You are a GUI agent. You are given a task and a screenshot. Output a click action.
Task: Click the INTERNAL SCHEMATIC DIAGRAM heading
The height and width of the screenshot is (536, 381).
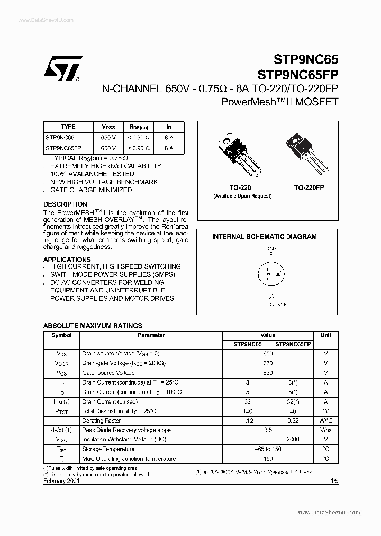pyautogui.click(x=264, y=237)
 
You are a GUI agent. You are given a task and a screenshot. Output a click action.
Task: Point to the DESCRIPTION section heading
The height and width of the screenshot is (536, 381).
pyautogui.click(x=65, y=204)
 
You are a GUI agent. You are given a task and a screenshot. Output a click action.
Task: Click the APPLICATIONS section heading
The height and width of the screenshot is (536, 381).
pyautogui.click(x=67, y=260)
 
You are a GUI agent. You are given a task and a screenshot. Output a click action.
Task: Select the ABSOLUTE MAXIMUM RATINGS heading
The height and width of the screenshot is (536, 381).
pyautogui.click(x=92, y=326)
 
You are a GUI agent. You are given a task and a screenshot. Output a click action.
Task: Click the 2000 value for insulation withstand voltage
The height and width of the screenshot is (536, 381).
pyautogui.click(x=292, y=440)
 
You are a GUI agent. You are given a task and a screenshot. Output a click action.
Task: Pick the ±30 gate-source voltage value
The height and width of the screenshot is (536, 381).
pyautogui.click(x=268, y=373)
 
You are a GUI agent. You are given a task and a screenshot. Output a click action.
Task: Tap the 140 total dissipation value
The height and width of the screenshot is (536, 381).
pyautogui.click(x=247, y=411)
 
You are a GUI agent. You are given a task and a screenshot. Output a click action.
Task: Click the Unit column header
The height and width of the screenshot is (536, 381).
pyautogui.click(x=325, y=335)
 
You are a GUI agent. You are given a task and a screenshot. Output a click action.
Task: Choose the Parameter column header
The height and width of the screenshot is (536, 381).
pyautogui.click(x=151, y=335)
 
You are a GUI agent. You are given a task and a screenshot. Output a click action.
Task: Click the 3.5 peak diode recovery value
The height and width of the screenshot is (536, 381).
pyautogui.click(x=268, y=430)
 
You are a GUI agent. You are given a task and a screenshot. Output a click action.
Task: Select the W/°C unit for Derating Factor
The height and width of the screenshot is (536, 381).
pyautogui.click(x=325, y=421)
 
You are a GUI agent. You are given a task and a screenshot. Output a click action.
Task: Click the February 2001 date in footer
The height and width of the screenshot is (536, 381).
pyautogui.click(x=61, y=480)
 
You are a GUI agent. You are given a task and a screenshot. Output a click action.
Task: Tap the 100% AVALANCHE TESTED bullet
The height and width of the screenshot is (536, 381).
pyautogui.click(x=92, y=174)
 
